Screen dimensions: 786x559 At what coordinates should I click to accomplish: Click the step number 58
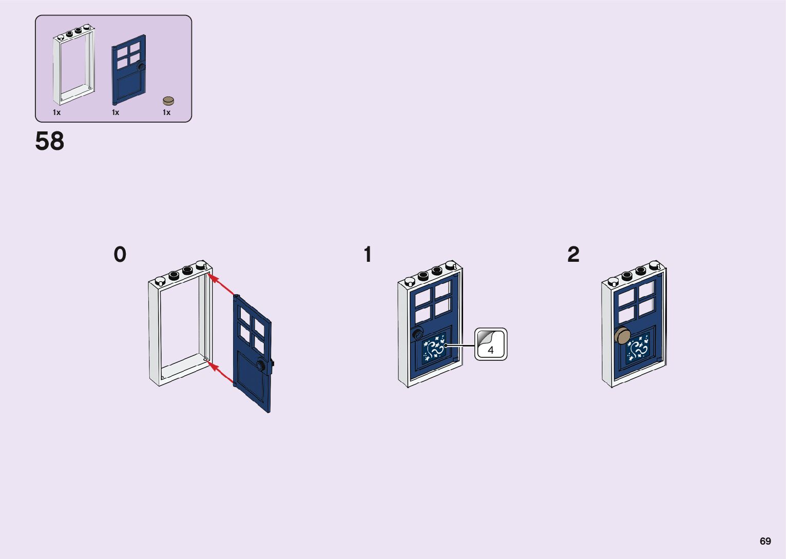[50, 141]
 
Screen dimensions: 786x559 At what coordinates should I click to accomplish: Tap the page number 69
[765, 541]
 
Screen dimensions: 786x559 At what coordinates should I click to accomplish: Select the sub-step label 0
[120, 255]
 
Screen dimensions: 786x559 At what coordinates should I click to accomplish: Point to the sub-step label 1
[368, 255]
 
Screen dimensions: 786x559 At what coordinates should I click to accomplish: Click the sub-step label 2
[573, 255]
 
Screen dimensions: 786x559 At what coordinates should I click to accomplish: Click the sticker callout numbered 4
[491, 344]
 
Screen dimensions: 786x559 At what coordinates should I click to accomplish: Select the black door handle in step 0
[262, 365]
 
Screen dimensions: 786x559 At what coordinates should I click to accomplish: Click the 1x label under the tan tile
[166, 112]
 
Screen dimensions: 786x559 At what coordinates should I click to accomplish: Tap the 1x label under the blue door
[116, 112]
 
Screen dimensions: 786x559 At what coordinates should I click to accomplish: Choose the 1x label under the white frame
[56, 112]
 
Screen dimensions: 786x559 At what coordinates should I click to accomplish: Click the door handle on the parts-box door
[142, 66]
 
